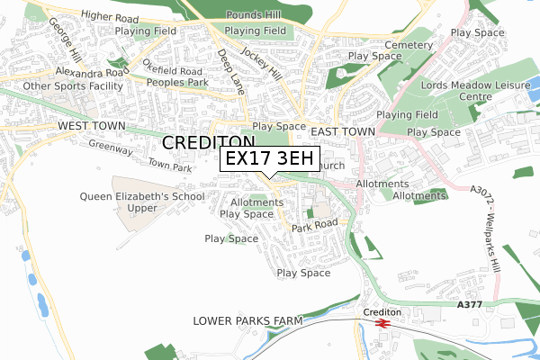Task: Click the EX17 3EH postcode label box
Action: pyautogui.click(x=270, y=158)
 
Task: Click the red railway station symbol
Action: pyautogui.click(x=382, y=322)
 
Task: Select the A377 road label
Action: pyautogui.click(x=470, y=306)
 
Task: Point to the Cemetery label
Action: pyautogui.click(x=402, y=45)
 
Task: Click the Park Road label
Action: pyautogui.click(x=314, y=225)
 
